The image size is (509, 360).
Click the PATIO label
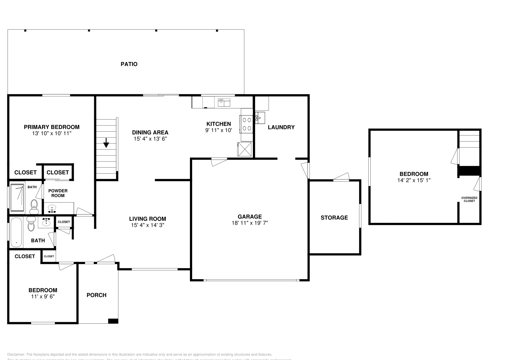point(129,64)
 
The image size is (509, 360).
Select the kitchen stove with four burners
point(247,124)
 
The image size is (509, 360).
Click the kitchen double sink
point(224,102)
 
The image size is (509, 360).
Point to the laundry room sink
point(259,118)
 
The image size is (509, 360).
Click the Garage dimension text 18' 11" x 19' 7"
point(250,223)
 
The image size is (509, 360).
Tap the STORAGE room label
point(334,218)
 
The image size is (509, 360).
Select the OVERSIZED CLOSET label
point(469,199)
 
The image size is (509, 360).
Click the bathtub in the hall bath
point(16,232)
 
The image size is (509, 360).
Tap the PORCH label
point(96,295)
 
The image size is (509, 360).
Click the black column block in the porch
point(113,321)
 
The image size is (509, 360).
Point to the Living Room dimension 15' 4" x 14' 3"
point(148,225)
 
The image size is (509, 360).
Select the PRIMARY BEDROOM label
point(52,127)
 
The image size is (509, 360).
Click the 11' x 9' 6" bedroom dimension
point(43,296)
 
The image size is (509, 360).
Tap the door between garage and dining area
point(219,162)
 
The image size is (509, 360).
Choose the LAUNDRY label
point(281,127)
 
